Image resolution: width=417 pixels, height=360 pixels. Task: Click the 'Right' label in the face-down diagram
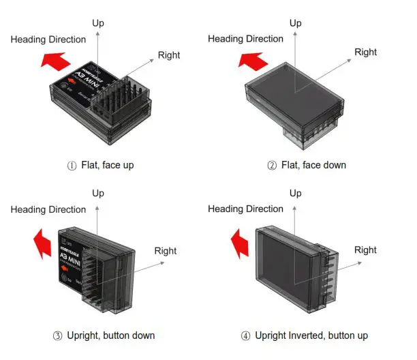pyautogui.click(x=366, y=52)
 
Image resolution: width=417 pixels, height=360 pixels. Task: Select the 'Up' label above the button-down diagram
pyautogui.click(x=98, y=194)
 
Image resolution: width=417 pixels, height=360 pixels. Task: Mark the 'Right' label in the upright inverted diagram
pyautogui.click(x=365, y=250)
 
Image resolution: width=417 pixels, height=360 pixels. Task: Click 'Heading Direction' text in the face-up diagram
pyautogui.click(x=48, y=40)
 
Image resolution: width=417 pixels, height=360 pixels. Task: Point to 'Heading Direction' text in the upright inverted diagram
pyautogui.click(x=245, y=209)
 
